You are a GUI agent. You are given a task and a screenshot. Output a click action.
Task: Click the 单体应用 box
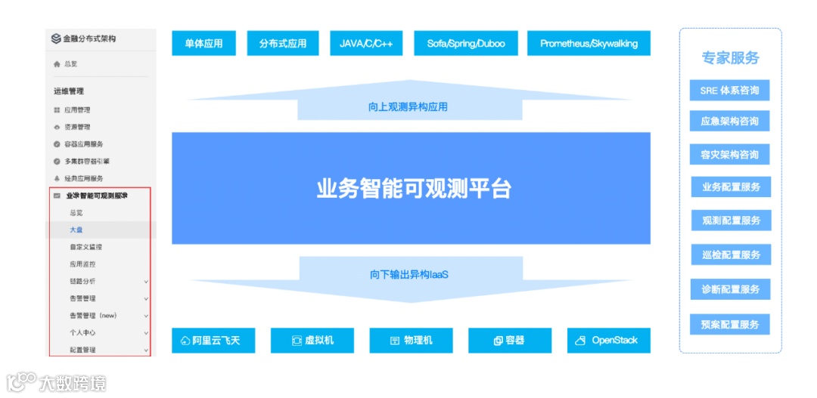pos(203,43)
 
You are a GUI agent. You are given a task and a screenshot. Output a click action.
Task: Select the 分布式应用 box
pos(283,43)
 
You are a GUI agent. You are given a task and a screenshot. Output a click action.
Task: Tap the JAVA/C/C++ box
pos(366,43)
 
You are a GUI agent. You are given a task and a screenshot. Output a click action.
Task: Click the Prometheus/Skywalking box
pos(589,43)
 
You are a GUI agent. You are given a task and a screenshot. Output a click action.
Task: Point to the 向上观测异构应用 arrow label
pos(408,107)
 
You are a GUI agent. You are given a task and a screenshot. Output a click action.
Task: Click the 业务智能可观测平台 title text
pos(414,189)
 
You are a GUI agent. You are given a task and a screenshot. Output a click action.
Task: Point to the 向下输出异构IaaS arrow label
pos(409,274)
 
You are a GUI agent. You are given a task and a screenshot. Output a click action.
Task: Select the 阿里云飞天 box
pos(210,341)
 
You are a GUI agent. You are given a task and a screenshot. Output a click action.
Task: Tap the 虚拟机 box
pos(312,341)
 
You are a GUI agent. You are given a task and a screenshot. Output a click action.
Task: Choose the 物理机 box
pos(411,341)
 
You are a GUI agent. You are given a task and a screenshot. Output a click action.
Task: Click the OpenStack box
pos(608,341)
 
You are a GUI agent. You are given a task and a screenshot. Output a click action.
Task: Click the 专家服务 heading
pos(730,58)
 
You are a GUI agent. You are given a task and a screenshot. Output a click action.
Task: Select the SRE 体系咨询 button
pos(729,91)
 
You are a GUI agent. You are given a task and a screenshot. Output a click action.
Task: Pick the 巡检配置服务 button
pos(731,255)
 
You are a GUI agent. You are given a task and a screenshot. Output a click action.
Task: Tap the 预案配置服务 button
pos(730,325)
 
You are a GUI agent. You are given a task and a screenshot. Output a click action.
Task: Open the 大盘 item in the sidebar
pos(76,230)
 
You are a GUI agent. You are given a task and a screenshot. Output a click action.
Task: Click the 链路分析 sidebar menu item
pos(82,281)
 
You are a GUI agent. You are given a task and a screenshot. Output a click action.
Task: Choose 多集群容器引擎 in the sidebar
pos(87,161)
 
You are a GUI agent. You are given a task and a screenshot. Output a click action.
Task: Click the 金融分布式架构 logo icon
pos(56,39)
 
